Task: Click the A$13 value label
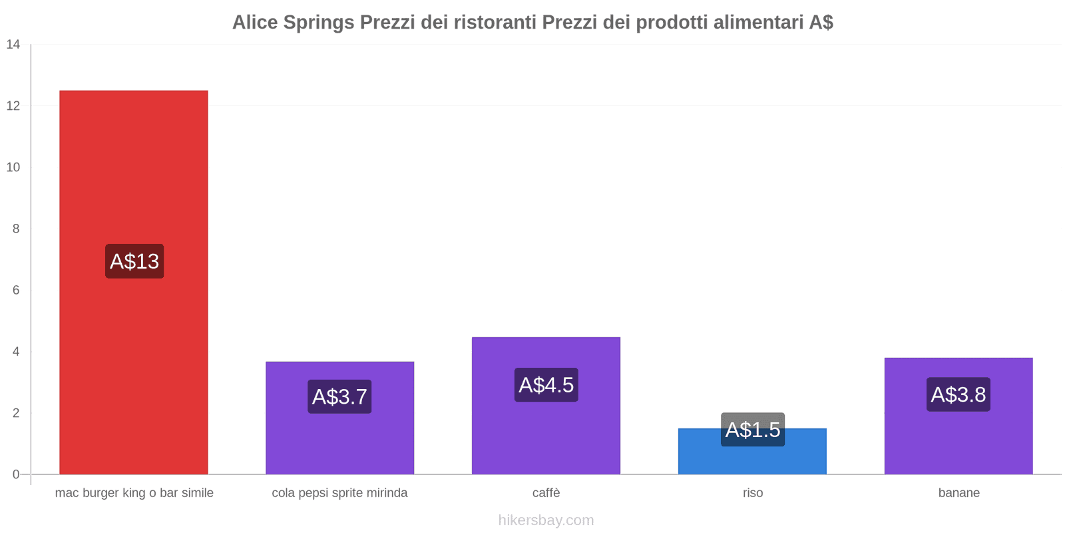[134, 261]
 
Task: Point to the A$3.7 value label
[339, 396]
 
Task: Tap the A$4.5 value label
[546, 384]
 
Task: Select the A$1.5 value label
[752, 430]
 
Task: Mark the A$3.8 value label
[958, 394]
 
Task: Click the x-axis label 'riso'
[753, 493]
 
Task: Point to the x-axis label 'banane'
[958, 493]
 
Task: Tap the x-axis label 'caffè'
[546, 493]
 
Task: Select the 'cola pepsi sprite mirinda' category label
[339, 493]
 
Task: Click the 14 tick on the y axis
[13, 45]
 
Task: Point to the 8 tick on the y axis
[16, 229]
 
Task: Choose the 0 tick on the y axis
[16, 474]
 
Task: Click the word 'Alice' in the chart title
[255, 23]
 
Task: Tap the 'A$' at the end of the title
[821, 23]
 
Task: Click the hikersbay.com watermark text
[546, 520]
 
